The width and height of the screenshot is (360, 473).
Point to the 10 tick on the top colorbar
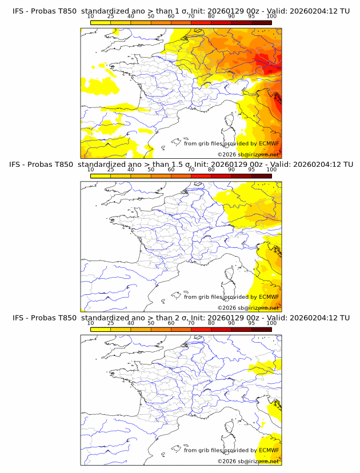point(90,17)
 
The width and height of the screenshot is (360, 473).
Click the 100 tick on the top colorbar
point(271,17)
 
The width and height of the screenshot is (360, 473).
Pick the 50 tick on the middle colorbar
point(151,170)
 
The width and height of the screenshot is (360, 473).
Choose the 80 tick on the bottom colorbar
point(211,323)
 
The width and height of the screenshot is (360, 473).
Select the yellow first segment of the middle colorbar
point(101,175)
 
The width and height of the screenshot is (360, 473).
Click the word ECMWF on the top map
point(269,144)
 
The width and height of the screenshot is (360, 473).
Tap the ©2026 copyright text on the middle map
point(226,308)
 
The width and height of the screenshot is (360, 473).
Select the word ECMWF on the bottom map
point(269,450)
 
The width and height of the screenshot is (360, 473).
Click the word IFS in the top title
point(19,11)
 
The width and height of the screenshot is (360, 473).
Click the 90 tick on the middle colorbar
point(231,170)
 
